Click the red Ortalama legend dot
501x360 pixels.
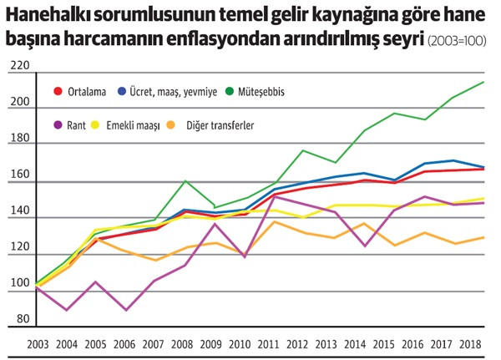point(58,90)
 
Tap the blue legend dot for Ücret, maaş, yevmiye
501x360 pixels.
point(122,90)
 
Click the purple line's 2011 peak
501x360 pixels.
point(276,196)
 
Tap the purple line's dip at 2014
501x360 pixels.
point(363,246)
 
